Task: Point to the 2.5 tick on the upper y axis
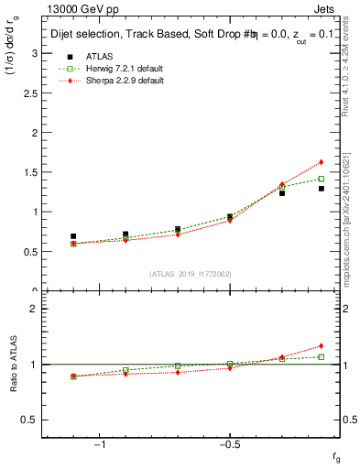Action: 33,93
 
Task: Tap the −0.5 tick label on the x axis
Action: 229,445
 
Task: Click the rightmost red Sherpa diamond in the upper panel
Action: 322,162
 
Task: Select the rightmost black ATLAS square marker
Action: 322,189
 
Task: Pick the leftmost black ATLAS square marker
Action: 73,236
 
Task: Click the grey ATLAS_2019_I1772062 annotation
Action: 191,275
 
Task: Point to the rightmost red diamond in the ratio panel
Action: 322,346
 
